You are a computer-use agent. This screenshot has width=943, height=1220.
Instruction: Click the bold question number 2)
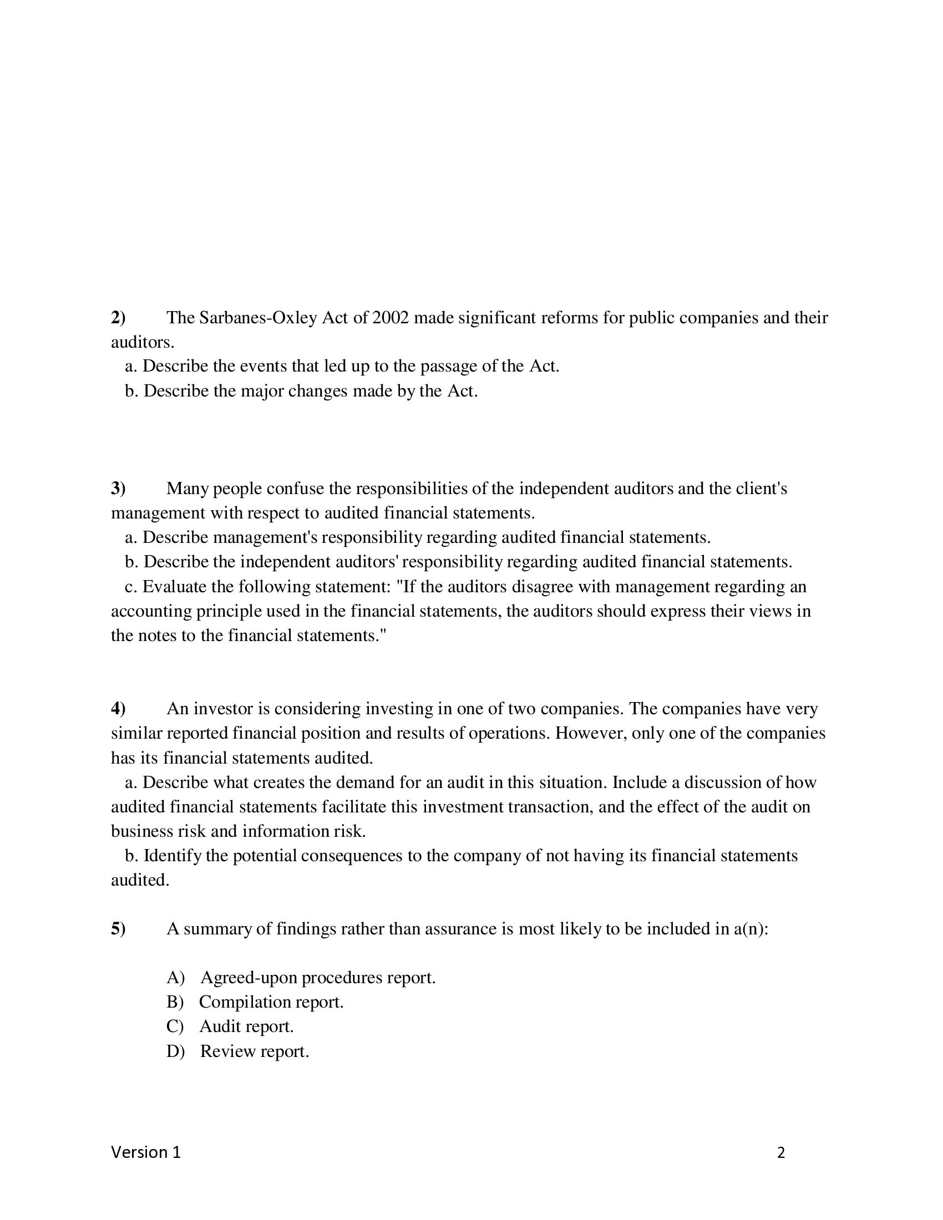tap(118, 318)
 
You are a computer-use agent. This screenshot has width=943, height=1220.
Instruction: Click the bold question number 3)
tap(118, 489)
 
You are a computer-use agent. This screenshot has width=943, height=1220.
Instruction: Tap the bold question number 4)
tap(118, 709)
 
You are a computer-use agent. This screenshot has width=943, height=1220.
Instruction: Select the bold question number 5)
tap(118, 929)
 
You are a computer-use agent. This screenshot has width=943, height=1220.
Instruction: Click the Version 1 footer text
tap(146, 1152)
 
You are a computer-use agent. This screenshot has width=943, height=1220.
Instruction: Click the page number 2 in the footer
tap(781, 1153)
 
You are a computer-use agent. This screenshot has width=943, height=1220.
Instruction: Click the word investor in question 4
tap(223, 709)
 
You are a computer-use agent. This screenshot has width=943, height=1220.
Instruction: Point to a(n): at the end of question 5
tap(751, 929)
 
